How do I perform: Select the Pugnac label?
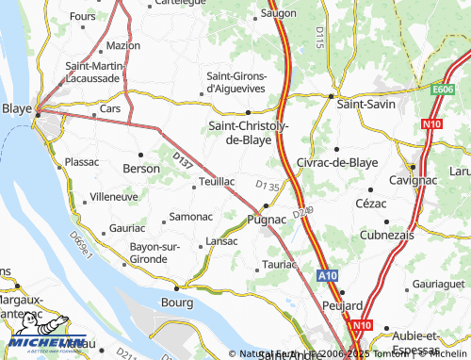tap(266, 219)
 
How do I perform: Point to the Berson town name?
tap(141, 168)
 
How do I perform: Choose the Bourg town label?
tap(177, 303)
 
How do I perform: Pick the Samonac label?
tap(190, 217)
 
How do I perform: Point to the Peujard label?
tap(343, 306)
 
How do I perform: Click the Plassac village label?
tap(82, 162)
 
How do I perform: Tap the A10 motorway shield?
tap(327, 275)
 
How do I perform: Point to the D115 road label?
tap(320, 38)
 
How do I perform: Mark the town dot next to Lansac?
tap(203, 247)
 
